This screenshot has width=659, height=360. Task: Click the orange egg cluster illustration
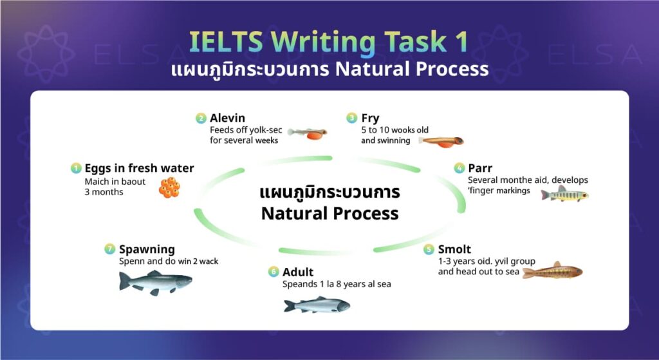tap(169, 187)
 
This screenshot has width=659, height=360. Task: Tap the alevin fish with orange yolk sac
tap(308, 133)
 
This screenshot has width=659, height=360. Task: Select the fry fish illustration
tap(441, 140)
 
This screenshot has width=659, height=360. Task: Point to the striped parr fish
tap(564, 194)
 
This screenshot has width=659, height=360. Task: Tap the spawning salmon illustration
tap(156, 281)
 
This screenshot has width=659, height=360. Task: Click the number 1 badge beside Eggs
tap(76, 169)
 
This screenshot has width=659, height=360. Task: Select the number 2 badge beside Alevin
tap(201, 118)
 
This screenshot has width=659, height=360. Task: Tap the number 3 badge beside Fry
tap(351, 118)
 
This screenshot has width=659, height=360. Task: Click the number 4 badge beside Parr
tap(459, 169)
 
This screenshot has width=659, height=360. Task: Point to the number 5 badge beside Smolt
tap(429, 249)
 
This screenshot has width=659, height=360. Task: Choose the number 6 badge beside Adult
tap(274, 272)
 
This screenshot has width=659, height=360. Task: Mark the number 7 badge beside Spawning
tap(110, 249)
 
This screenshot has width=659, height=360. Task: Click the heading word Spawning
tap(147, 249)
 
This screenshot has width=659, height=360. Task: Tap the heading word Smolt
tap(454, 249)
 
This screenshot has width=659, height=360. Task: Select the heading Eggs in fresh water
tap(139, 169)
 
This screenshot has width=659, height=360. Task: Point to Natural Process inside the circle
tap(329, 213)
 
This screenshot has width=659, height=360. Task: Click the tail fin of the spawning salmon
tap(124, 281)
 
